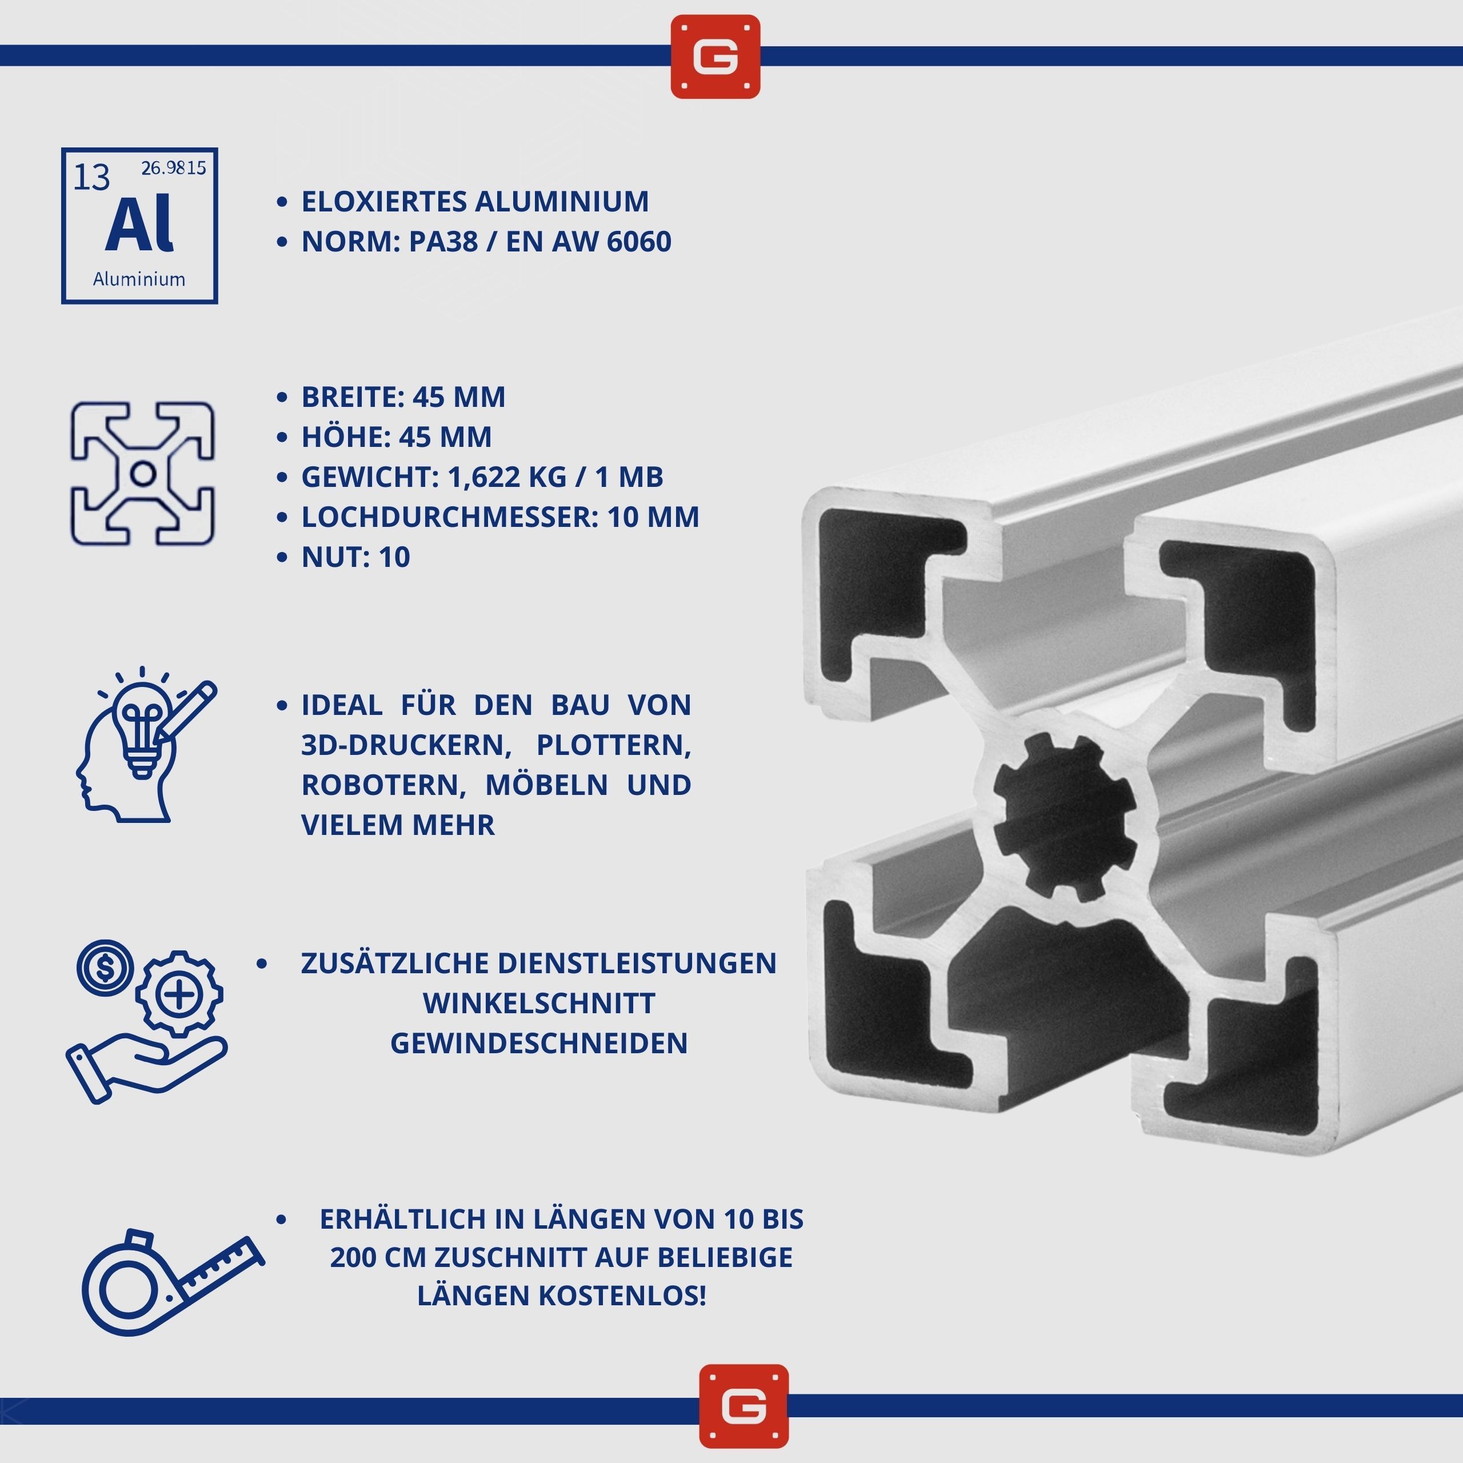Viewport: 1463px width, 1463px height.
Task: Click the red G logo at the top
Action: point(715,57)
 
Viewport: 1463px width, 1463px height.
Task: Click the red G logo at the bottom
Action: point(744,1406)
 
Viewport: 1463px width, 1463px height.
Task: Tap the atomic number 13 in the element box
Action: point(91,178)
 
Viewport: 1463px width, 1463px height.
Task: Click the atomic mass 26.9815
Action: point(173,168)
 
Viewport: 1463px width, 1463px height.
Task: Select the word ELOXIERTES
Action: point(382,201)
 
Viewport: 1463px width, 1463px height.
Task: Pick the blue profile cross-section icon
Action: point(143,473)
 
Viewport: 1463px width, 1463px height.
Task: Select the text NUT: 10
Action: point(356,557)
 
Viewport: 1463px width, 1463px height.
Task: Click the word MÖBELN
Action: point(546,785)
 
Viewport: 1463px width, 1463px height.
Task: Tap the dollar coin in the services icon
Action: point(105,967)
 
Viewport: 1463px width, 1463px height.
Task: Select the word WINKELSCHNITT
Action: point(539,1004)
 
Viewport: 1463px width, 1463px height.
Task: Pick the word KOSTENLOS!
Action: point(622,1296)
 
